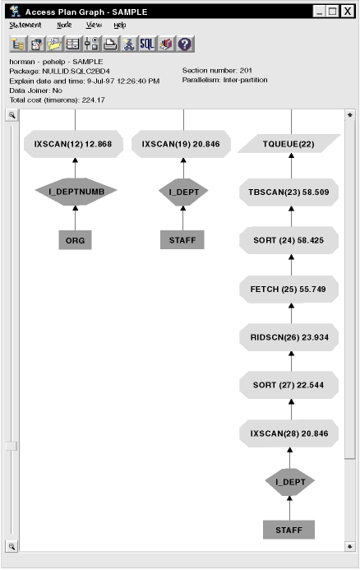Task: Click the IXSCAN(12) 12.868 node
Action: (73, 144)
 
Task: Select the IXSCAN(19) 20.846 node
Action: (181, 144)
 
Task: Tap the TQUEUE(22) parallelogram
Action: (288, 144)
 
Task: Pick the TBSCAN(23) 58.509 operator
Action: (288, 192)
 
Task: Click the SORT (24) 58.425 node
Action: (288, 240)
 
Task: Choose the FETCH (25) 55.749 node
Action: (288, 289)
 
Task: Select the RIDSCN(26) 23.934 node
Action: (288, 337)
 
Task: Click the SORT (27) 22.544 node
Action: (288, 385)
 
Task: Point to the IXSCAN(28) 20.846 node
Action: (288, 433)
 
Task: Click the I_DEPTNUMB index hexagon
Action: (76, 192)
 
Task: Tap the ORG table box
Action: (75, 240)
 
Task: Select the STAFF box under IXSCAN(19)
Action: (182, 240)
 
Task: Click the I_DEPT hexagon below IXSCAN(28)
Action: (290, 482)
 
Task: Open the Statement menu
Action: (25, 25)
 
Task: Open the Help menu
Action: (120, 25)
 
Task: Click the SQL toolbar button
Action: (147, 44)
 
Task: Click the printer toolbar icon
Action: (110, 44)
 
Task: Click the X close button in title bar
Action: (348, 12)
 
